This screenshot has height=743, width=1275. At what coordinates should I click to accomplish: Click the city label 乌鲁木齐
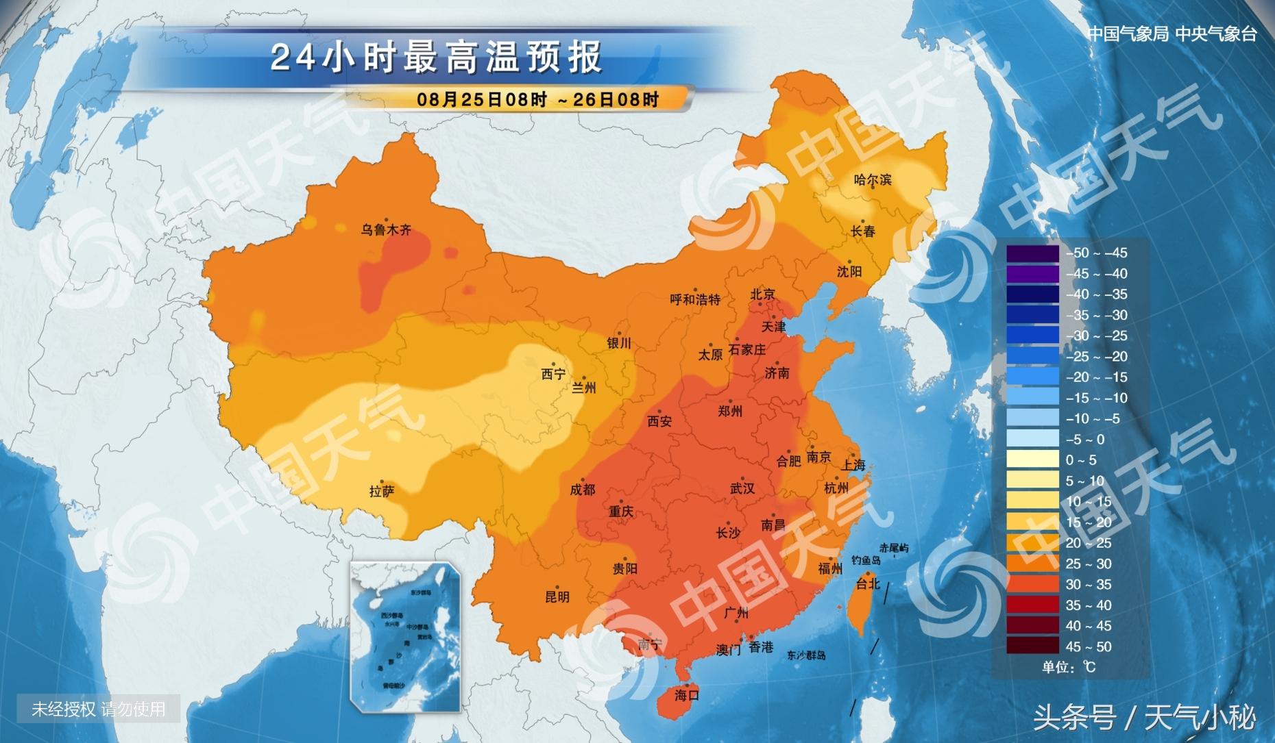(x=386, y=230)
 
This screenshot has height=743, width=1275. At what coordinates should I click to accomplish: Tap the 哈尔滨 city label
(x=873, y=180)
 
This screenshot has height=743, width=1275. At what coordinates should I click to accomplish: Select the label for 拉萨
(x=381, y=491)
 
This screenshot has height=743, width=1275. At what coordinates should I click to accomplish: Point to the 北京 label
(x=762, y=294)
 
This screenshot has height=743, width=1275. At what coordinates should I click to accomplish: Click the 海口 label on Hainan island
(x=686, y=695)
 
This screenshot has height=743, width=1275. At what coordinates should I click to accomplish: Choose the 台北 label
(x=867, y=583)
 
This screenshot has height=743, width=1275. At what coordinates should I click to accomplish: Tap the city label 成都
(x=583, y=490)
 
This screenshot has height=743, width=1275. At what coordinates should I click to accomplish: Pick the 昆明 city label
(x=557, y=596)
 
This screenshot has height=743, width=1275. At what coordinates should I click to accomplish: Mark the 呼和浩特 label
(x=695, y=299)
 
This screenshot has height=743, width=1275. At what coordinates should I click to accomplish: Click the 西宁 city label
(x=553, y=374)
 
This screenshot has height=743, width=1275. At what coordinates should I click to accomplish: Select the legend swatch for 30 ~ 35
(x=1032, y=584)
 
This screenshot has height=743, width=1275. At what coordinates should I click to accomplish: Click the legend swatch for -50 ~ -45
(x=1032, y=253)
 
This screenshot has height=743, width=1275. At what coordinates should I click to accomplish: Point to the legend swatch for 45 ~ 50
(x=1032, y=646)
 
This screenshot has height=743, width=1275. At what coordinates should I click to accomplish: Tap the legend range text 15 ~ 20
(x=1089, y=522)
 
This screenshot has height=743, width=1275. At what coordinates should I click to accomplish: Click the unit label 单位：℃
(x=1069, y=667)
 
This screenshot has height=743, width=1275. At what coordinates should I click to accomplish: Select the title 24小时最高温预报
(x=436, y=58)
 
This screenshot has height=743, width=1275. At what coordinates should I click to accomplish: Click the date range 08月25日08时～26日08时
(x=537, y=99)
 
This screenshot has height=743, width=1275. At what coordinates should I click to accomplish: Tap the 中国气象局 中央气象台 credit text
(x=1171, y=34)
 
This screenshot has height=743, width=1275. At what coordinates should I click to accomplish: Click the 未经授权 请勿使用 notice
(x=99, y=709)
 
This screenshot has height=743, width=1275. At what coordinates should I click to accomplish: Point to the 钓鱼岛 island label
(x=866, y=560)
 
